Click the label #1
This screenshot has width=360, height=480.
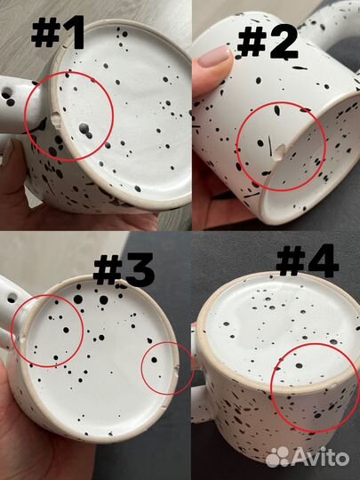(x=58, y=33)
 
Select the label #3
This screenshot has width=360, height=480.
(x=124, y=269)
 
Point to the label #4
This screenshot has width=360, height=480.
(x=308, y=260)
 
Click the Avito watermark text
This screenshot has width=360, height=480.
(x=321, y=458)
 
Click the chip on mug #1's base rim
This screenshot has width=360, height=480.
(x=55, y=120)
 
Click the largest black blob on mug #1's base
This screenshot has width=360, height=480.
(x=85, y=130)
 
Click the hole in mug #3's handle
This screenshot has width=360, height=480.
(x=12, y=298)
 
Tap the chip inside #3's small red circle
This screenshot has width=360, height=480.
(x=175, y=372)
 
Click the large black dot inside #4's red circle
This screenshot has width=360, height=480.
(x=299, y=365)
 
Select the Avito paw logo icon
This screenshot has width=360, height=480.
(x=277, y=458)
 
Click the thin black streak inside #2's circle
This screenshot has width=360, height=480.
(x=270, y=145)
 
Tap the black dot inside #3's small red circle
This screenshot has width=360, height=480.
(x=155, y=360)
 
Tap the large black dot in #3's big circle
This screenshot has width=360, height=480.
(x=66, y=330)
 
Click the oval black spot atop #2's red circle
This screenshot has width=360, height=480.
(x=277, y=110)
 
